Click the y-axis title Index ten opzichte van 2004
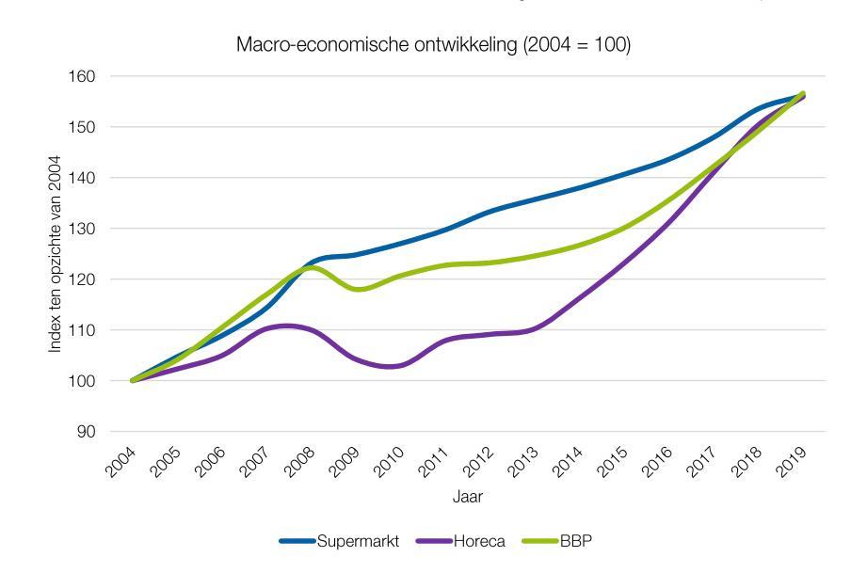coord(56,254)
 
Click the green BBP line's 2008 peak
coord(313,267)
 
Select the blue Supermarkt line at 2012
coord(490,212)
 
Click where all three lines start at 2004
coord(132,381)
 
